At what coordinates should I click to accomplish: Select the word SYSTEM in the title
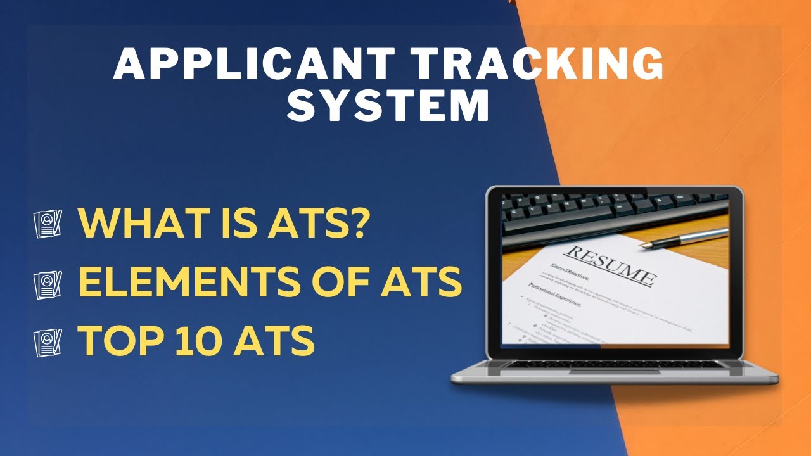click(x=388, y=106)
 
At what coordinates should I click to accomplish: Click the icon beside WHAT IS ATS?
click(x=48, y=224)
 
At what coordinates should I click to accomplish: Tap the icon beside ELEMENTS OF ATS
click(x=48, y=283)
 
